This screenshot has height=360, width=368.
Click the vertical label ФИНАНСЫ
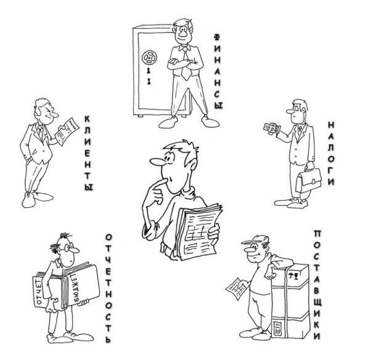point(218,71)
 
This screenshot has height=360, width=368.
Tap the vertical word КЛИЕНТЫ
point(88,153)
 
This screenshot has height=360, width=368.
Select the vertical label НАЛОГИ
point(330,153)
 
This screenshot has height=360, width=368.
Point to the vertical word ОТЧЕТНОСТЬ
point(108,288)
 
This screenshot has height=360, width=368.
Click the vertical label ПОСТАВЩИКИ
point(317,285)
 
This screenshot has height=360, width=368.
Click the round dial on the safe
point(149,57)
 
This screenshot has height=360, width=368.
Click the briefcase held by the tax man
point(308,180)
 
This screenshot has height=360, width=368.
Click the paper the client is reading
point(67,131)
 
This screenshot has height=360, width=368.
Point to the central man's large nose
point(158,162)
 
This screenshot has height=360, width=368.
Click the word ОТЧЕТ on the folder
point(39,291)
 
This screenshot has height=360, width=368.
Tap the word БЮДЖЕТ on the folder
point(76,288)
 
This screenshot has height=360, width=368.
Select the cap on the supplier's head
point(255,240)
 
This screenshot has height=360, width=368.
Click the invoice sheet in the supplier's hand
point(236,288)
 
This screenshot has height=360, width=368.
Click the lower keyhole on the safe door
point(149,81)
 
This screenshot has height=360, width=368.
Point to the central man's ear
point(193,165)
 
